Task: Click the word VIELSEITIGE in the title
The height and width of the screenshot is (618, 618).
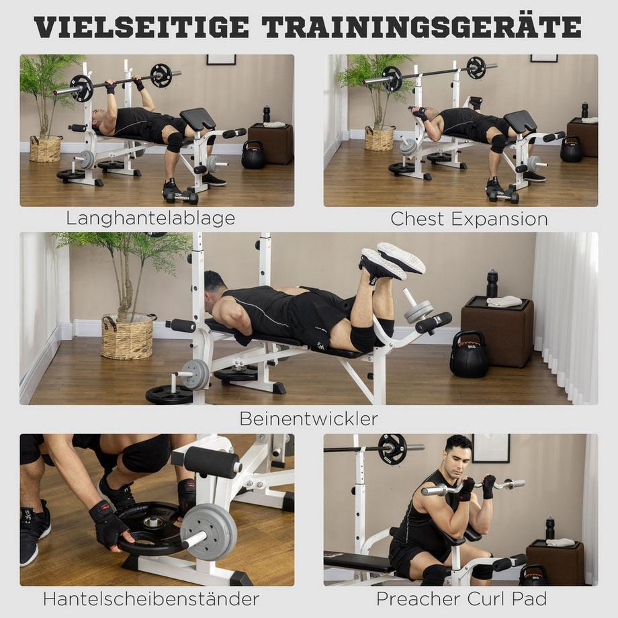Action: tap(141, 27)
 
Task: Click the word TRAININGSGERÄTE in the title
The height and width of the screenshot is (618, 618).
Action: tap(422, 27)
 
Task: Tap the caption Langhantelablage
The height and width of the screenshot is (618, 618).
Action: tap(150, 218)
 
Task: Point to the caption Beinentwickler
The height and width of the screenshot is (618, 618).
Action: tap(308, 418)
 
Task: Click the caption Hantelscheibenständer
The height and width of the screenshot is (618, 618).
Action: tap(151, 598)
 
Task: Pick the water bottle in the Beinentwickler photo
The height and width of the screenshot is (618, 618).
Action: tap(492, 283)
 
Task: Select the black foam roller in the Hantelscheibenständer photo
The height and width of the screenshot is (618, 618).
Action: tap(212, 461)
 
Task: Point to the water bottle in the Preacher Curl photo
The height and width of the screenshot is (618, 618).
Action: tap(550, 528)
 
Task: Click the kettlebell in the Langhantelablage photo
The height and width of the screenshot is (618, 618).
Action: tap(253, 155)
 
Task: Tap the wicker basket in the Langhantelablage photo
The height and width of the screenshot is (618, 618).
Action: tap(46, 148)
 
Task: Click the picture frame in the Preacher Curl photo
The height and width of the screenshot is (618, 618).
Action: tap(491, 447)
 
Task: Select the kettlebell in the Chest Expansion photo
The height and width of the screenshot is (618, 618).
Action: tap(572, 150)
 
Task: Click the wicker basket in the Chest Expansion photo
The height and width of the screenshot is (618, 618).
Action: tap(379, 138)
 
